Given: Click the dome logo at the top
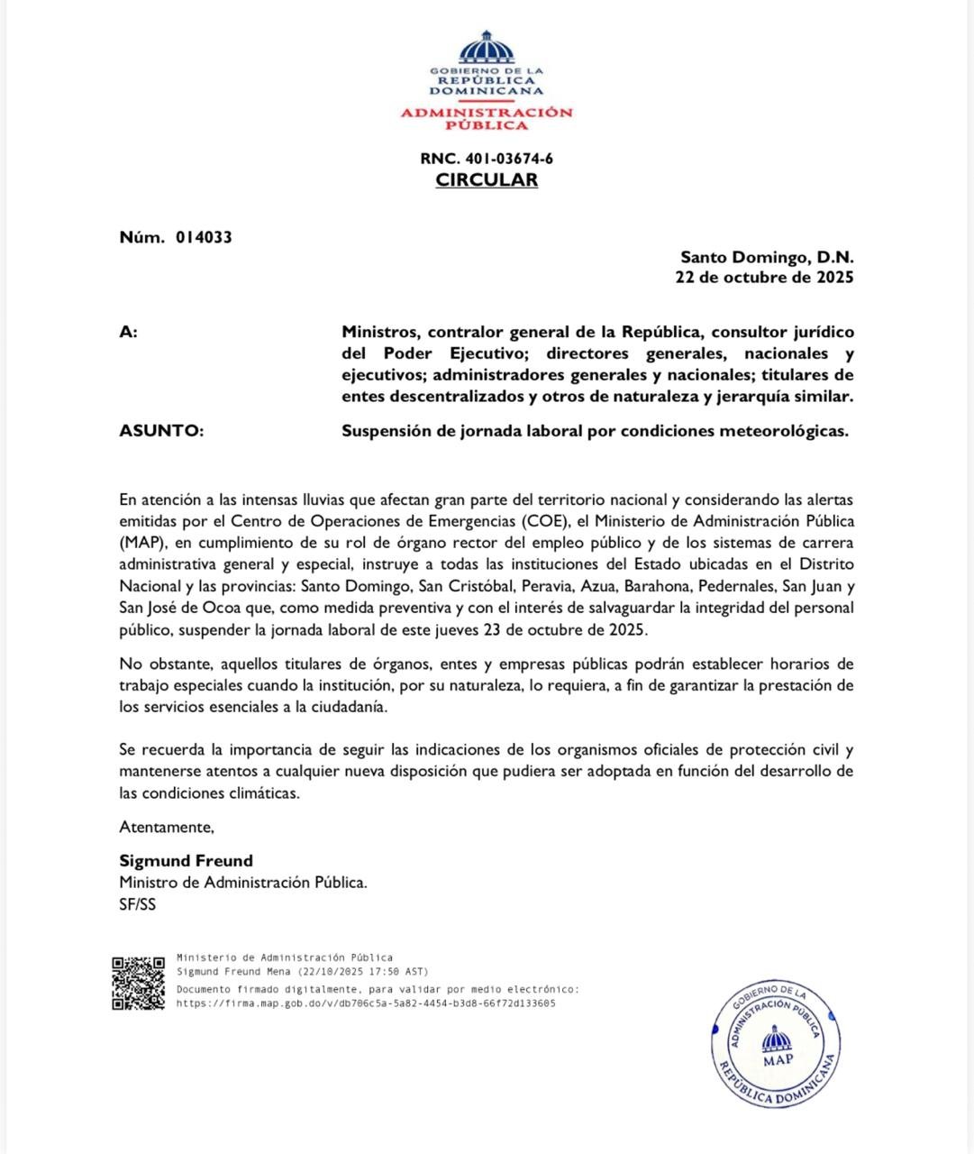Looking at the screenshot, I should click(x=487, y=47).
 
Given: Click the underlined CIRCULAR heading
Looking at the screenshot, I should click(x=487, y=179).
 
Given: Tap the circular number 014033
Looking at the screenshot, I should click(x=204, y=237).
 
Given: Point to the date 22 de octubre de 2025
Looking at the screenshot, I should click(x=764, y=278).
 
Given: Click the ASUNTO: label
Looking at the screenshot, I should click(x=161, y=431).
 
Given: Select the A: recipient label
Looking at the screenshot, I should click(x=128, y=332).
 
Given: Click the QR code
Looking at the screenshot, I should click(x=138, y=983).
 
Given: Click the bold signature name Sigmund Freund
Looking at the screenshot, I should click(x=186, y=861).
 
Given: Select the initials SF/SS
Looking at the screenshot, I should click(x=137, y=904).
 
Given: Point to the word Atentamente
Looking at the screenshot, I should click(x=167, y=827).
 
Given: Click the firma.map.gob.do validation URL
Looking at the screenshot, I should click(x=366, y=1003).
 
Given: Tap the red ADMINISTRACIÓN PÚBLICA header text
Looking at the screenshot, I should click(x=487, y=119).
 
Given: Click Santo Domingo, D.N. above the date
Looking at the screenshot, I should click(x=767, y=258).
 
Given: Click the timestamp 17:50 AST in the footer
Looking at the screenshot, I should click(x=398, y=972).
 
